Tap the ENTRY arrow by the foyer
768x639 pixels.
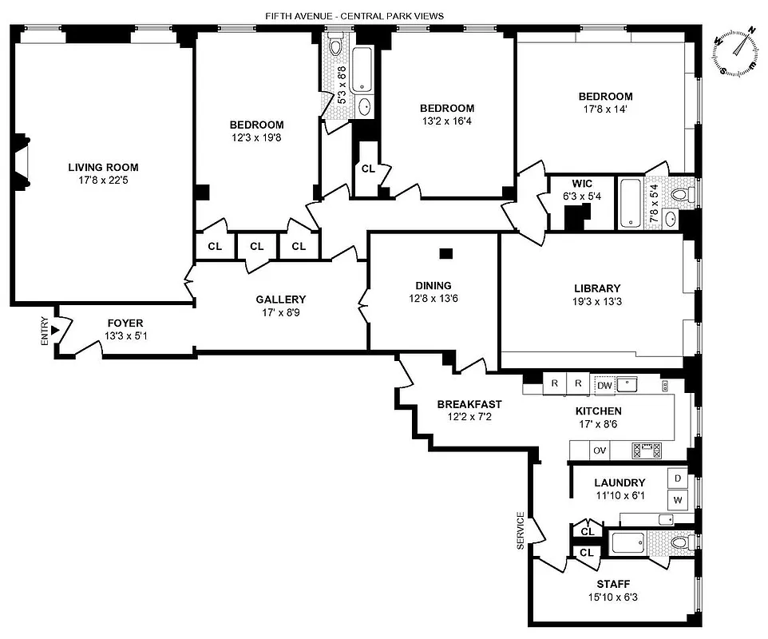pyautogui.click(x=55, y=330)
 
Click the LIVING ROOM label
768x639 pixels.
pyautogui.click(x=103, y=168)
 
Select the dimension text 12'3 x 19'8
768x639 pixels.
pyautogui.click(x=256, y=137)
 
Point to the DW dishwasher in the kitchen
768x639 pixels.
pyautogui.click(x=605, y=385)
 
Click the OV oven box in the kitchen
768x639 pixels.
pyautogui.click(x=600, y=450)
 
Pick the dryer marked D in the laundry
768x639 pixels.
pyautogui.click(x=678, y=478)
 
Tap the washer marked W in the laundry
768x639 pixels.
pyautogui.click(x=678, y=500)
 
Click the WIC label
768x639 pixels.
pyautogui.click(x=581, y=183)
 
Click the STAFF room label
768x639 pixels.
pyautogui.click(x=613, y=584)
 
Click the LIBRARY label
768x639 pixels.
pyautogui.click(x=596, y=288)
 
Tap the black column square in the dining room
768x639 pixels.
pyautogui.click(x=446, y=254)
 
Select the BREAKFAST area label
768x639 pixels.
pyautogui.click(x=469, y=404)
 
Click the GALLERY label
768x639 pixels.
pyautogui.click(x=282, y=300)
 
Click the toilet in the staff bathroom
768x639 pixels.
pyautogui.click(x=679, y=543)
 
